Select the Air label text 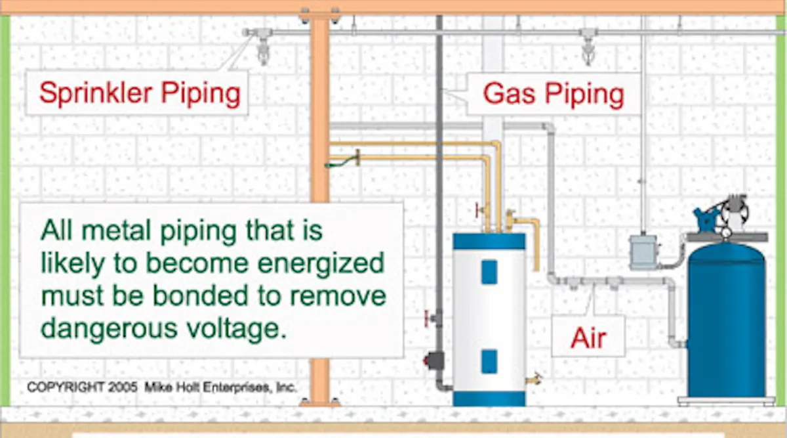tap(588, 339)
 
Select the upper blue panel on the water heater tap(489, 271)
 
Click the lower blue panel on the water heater tap(489, 361)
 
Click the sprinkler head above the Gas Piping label tap(587, 48)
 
